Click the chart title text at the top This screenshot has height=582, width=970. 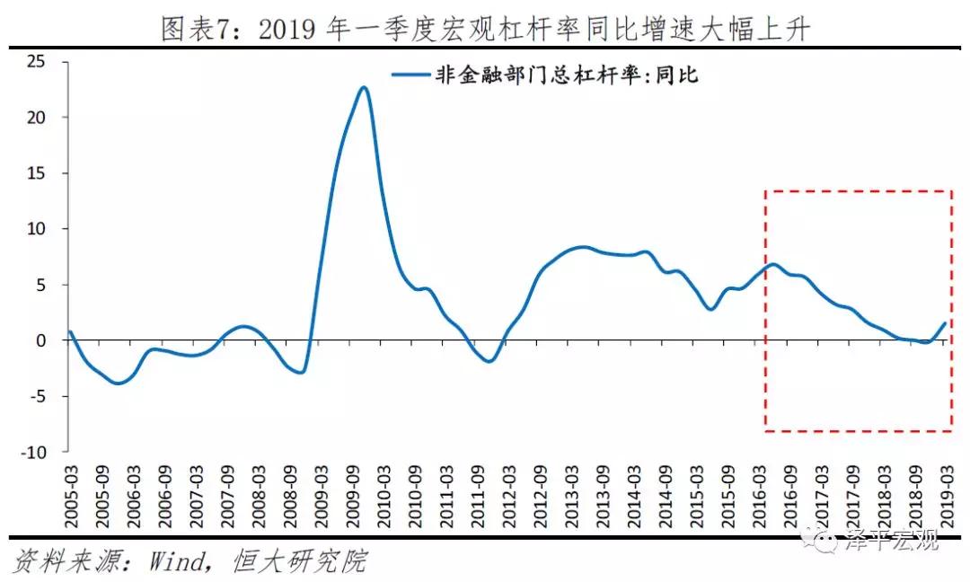pyautogui.click(x=485, y=30)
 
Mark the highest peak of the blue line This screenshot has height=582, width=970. pyautogui.click(x=364, y=87)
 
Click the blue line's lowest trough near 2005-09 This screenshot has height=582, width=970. pyautogui.click(x=117, y=384)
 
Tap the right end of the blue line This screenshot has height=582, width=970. pyautogui.click(x=945, y=323)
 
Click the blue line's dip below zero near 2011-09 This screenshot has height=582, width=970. pyautogui.click(x=488, y=361)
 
